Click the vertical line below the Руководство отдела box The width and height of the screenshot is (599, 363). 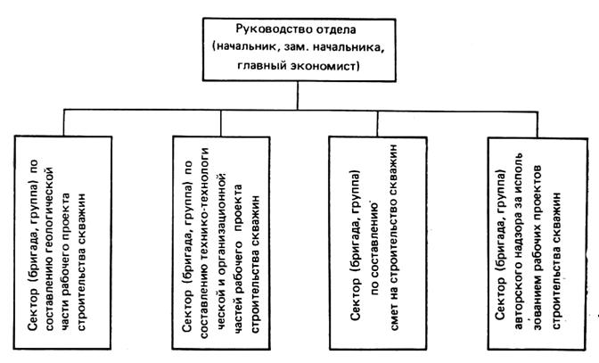click(298, 95)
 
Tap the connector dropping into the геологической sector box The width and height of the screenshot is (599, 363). click(64, 123)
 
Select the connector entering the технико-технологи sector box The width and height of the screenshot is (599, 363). click(221, 123)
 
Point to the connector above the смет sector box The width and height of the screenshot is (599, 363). click(377, 124)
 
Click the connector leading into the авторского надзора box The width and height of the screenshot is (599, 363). click(537, 125)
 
